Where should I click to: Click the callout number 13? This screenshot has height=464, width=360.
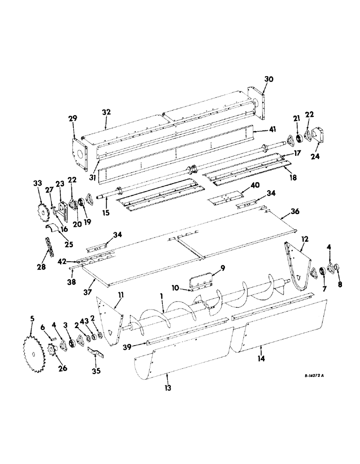(x=167, y=388)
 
